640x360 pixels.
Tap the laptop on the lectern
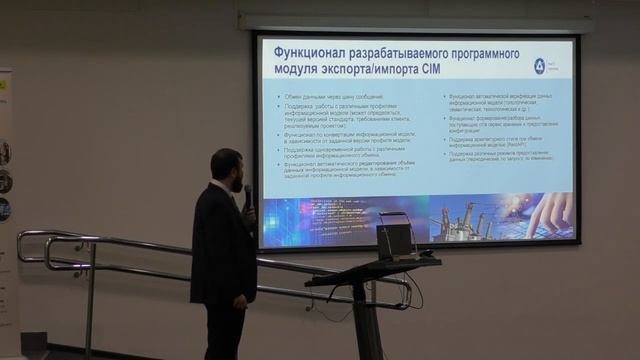pyautogui.click(x=394, y=239)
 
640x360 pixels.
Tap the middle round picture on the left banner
pyautogui.click(x=4, y=181)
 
